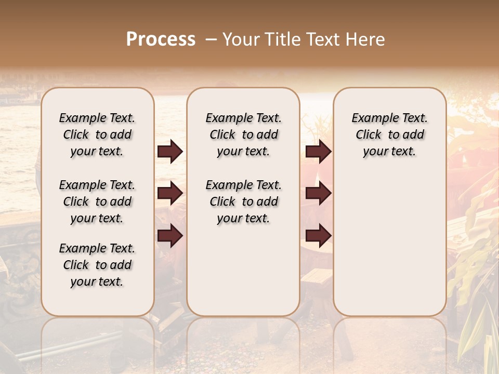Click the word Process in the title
pyautogui.click(x=161, y=39)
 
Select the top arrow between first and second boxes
pyautogui.click(x=170, y=152)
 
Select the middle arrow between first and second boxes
pyautogui.click(x=170, y=193)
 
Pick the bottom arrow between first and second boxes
pyautogui.click(x=170, y=235)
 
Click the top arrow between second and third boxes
pyautogui.click(x=318, y=152)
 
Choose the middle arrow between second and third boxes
pyautogui.click(x=318, y=193)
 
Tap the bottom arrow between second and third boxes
pyautogui.click(x=318, y=235)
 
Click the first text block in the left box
pyautogui.click(x=97, y=135)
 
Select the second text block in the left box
pyautogui.click(x=97, y=202)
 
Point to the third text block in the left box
pyautogui.click(x=97, y=265)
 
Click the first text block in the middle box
pyautogui.click(x=244, y=135)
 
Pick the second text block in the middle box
pyautogui.click(x=244, y=202)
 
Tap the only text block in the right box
pyautogui.click(x=390, y=135)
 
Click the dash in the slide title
pyautogui.click(x=211, y=39)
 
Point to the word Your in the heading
pyautogui.click(x=241, y=39)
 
